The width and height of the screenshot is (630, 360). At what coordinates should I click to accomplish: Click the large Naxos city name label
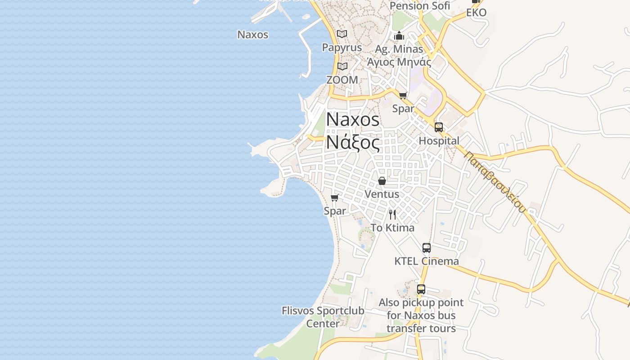pyautogui.click(x=353, y=119)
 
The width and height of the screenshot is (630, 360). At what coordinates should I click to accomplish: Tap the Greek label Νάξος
pyautogui.click(x=353, y=142)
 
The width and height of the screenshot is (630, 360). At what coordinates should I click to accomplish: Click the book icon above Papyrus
pyautogui.click(x=342, y=34)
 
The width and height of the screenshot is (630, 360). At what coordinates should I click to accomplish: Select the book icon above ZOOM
pyautogui.click(x=342, y=67)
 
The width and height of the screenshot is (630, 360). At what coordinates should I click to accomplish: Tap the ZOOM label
pyautogui.click(x=342, y=80)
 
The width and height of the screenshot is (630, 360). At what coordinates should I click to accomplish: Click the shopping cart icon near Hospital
pyautogui.click(x=403, y=95)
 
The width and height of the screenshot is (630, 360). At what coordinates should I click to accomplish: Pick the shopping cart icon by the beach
pyautogui.click(x=334, y=198)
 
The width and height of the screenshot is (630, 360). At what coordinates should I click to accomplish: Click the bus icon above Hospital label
pyautogui.click(x=438, y=127)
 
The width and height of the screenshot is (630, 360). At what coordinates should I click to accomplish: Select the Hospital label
pyautogui.click(x=439, y=141)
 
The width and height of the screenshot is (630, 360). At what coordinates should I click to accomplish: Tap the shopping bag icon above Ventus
pyautogui.click(x=382, y=181)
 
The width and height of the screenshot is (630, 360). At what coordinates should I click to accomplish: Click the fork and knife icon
pyautogui.click(x=392, y=214)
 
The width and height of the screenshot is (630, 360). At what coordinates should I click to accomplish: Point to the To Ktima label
pyautogui.click(x=392, y=228)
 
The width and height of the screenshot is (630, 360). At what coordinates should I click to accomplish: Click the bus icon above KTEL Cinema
pyautogui.click(x=426, y=248)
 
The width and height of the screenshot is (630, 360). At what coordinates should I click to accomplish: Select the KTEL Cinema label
pyautogui.click(x=426, y=261)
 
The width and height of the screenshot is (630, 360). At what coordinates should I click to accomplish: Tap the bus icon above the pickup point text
pyautogui.click(x=421, y=289)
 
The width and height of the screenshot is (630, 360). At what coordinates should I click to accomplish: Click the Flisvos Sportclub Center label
pyautogui.click(x=323, y=317)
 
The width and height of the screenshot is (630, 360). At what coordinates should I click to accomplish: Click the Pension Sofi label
pyautogui.click(x=419, y=6)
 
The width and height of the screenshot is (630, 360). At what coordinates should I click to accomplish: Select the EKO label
pyautogui.click(x=476, y=13)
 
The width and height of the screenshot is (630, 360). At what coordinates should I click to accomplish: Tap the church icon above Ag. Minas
pyautogui.click(x=399, y=36)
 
